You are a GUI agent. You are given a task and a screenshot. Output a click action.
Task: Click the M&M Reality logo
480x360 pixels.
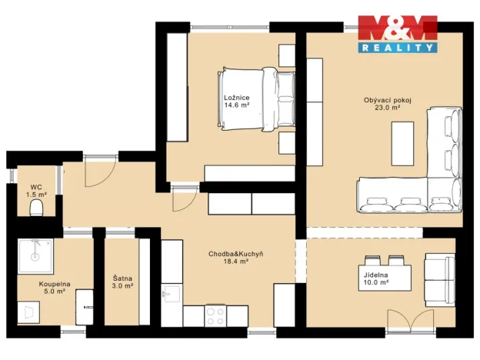[x=398, y=35]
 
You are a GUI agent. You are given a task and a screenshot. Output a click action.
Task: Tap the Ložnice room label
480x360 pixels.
[x=236, y=98]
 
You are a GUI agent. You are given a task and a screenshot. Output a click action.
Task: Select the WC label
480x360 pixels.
[x=35, y=187]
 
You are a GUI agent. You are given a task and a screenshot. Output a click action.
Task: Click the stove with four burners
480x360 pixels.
[x=215, y=315]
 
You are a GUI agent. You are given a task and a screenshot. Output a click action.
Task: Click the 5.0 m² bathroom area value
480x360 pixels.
[x=53, y=292]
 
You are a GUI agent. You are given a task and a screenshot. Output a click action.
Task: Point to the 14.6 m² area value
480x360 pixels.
[x=236, y=106]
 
